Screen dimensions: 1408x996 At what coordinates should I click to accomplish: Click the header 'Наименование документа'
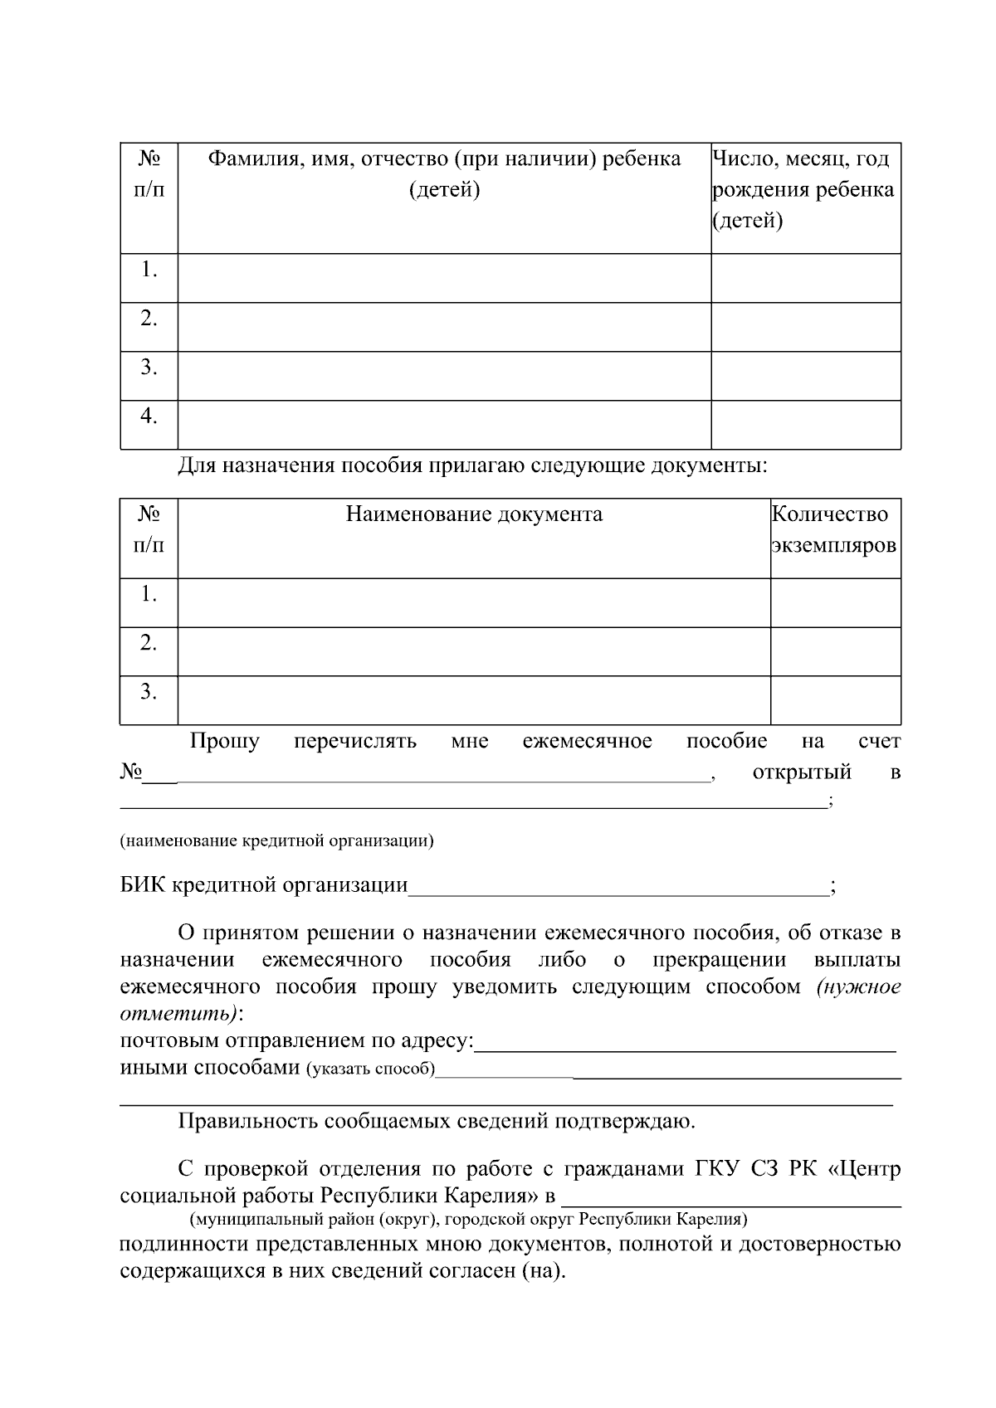[x=474, y=514]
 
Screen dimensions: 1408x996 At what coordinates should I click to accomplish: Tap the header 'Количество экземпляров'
[x=834, y=530]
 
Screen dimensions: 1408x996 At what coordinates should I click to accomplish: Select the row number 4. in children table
[x=149, y=417]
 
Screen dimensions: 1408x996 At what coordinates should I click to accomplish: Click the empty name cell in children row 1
[x=444, y=278]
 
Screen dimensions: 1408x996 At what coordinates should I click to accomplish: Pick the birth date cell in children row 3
[x=805, y=376]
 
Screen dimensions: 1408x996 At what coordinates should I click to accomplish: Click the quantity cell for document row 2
[x=835, y=651]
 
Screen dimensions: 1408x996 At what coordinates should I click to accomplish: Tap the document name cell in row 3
[x=474, y=700]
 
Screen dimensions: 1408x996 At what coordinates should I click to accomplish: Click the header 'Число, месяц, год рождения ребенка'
[x=803, y=189]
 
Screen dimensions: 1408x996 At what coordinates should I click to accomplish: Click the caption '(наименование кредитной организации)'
[x=277, y=840]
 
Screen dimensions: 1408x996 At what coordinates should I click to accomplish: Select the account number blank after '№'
[x=440, y=774]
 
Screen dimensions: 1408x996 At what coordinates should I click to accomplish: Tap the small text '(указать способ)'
[x=371, y=1069]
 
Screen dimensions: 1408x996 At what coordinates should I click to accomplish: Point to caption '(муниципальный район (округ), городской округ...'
[x=468, y=1220]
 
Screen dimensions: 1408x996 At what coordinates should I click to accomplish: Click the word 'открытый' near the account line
[x=802, y=772]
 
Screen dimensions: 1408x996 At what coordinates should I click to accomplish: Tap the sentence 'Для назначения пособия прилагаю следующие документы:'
[x=473, y=465]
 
